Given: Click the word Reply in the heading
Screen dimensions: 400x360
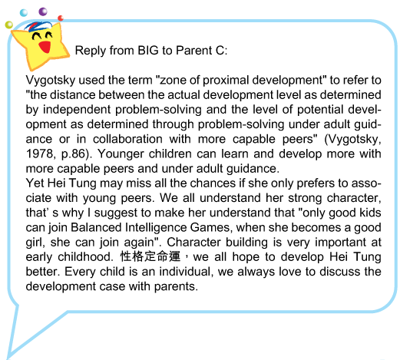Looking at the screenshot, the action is (x=91, y=51).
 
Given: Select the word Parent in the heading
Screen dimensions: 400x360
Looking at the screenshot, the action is (x=194, y=51).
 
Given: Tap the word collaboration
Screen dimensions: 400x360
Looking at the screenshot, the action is (x=127, y=139).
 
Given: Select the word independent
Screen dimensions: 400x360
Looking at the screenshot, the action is (x=77, y=111).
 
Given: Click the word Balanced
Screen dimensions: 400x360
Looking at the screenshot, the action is (x=96, y=227).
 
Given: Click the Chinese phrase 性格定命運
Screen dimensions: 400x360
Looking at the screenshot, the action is (x=150, y=256).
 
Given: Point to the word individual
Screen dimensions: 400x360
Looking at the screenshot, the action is (x=186, y=272).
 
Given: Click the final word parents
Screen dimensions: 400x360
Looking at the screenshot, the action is (x=176, y=287).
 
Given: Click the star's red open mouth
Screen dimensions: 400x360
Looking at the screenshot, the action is (x=45, y=47).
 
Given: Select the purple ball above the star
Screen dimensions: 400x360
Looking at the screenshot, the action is (x=43, y=12).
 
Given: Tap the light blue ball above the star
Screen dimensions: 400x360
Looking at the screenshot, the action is (x=24, y=13).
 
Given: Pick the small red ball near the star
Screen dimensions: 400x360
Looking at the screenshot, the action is (x=61, y=18).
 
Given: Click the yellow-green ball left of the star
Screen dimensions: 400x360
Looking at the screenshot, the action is (x=9, y=25).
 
